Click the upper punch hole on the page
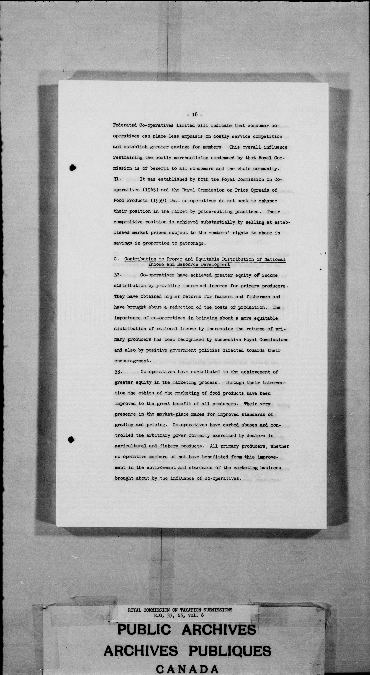pos(73,168)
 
